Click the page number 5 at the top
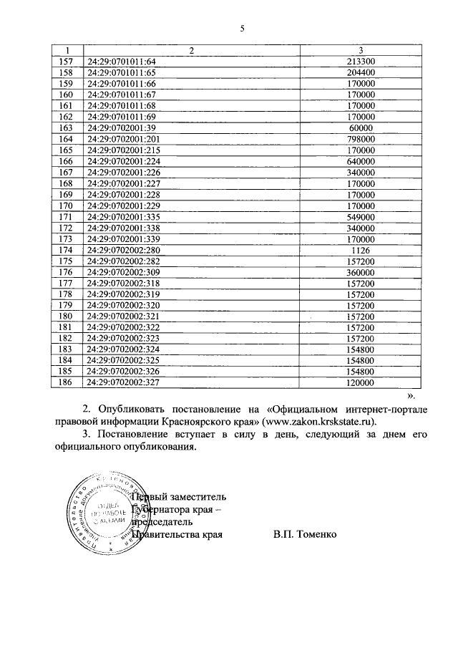point(242,29)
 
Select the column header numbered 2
point(191,50)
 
